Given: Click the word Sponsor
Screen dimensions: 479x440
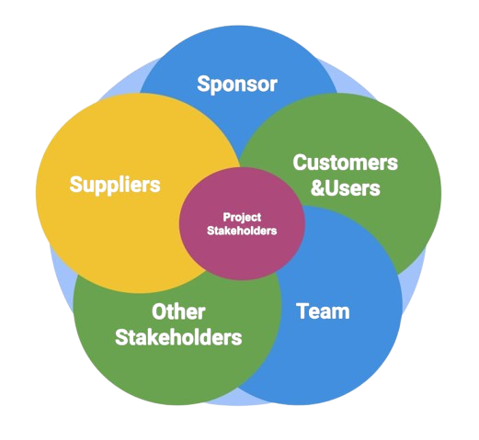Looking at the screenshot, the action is point(237,85).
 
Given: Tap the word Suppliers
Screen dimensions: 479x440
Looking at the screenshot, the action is point(115,185).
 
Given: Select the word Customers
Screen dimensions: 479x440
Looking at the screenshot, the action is point(345,163).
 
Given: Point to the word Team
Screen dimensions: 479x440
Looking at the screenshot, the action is point(323,311).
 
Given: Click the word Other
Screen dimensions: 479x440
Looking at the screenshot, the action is point(178,311).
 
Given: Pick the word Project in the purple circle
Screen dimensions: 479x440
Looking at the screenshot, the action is point(242,218).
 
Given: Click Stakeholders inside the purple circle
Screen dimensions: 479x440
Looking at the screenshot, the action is point(242,231).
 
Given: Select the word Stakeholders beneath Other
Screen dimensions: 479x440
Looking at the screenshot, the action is point(178,337).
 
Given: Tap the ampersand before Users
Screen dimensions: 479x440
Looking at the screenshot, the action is point(317,188).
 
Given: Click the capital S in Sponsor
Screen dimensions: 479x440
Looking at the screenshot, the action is point(203,84).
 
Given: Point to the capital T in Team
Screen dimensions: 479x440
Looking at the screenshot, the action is point(303,311).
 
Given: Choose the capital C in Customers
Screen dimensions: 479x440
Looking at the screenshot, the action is point(300,163).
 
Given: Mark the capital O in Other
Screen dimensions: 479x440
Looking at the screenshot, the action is point(159,311).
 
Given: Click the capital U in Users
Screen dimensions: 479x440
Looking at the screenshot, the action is point(332,188).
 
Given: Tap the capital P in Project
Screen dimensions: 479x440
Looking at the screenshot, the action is point(226,217).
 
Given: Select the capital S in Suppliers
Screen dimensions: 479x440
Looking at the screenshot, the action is point(76,185).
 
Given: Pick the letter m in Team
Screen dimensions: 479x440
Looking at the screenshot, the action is point(340,313).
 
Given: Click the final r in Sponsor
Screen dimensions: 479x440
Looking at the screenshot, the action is point(274,85).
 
